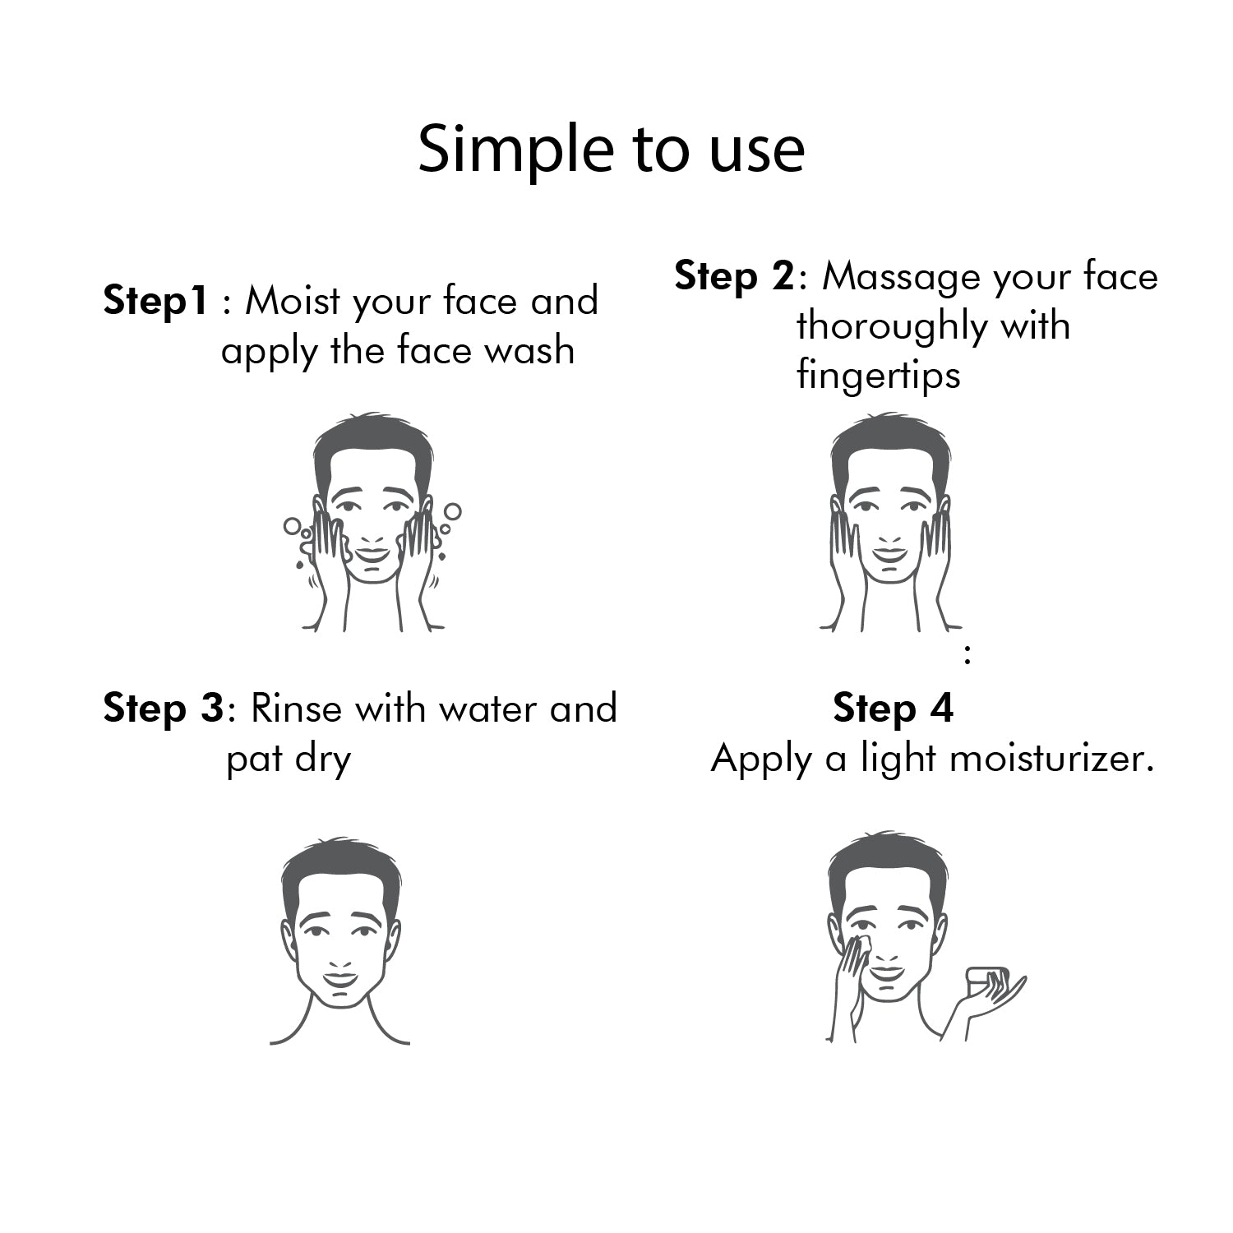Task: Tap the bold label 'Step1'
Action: pos(155,301)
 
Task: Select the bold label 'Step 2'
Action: pos(734,276)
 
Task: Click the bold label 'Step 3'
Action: pos(163,709)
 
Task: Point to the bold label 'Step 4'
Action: pos(893,708)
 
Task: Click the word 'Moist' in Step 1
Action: pos(292,301)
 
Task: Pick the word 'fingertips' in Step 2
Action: pos(878,376)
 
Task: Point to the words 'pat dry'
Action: pos(288,759)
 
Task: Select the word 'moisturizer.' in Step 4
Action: pos(1051,758)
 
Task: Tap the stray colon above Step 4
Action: pos(967,655)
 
